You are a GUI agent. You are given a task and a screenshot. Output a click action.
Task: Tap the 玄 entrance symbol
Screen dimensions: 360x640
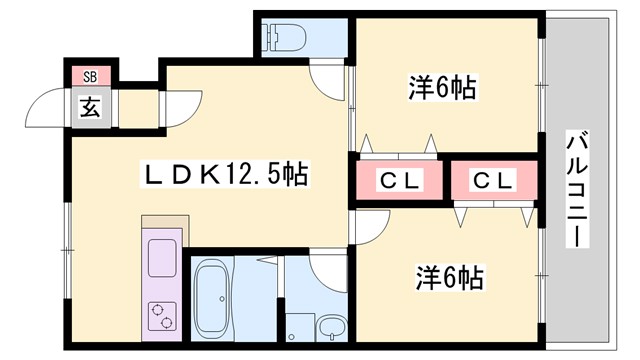click(x=90, y=104)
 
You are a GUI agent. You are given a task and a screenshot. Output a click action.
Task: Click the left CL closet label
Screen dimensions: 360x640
click(x=399, y=181)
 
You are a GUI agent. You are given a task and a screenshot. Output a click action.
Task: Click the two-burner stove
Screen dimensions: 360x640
click(x=161, y=314)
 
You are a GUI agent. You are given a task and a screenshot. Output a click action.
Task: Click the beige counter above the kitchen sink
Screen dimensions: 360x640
click(x=161, y=225)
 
